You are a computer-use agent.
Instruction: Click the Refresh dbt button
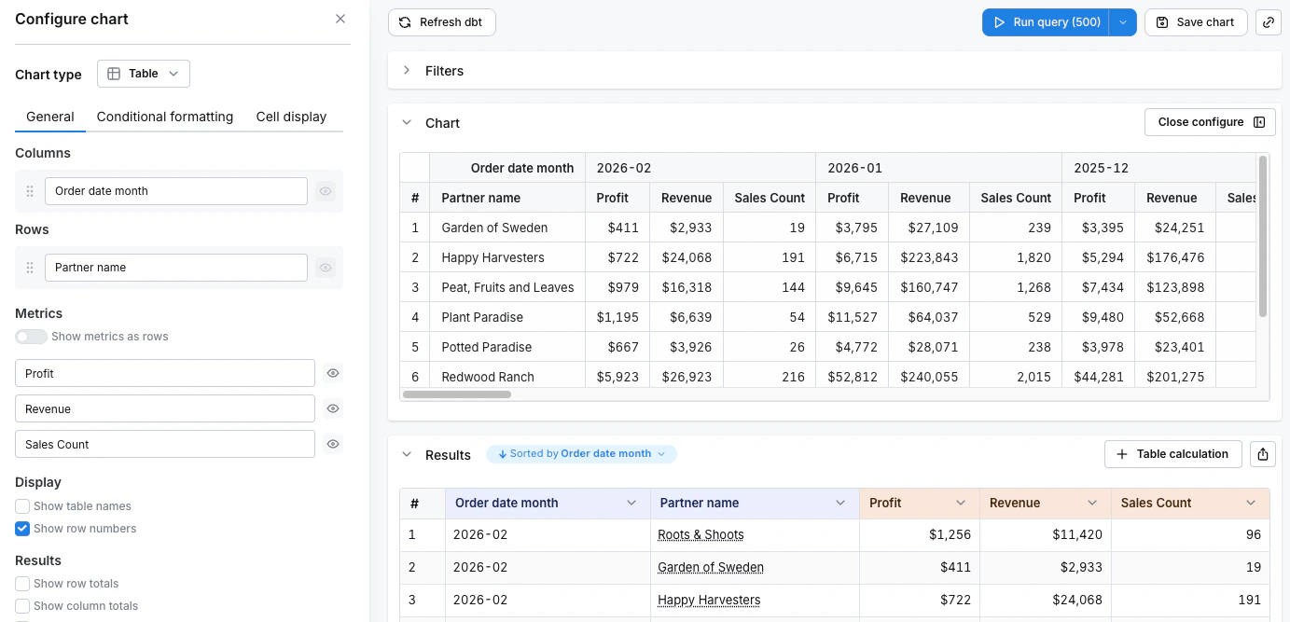[x=441, y=22]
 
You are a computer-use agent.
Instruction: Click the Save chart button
[x=1195, y=22]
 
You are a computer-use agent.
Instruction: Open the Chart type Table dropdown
[x=144, y=74]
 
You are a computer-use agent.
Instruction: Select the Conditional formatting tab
[x=165, y=117]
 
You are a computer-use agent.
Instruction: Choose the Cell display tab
[x=291, y=117]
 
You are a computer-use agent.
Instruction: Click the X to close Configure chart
[x=340, y=19]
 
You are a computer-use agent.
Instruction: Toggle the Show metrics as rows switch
[x=31, y=337]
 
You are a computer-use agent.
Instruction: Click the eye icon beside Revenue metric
[x=333, y=408]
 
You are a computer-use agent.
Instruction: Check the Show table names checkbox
[x=22, y=506]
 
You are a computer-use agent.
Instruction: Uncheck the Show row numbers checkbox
[x=22, y=529]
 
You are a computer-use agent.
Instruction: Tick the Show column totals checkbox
[x=22, y=606]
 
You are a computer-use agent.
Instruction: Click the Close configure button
[x=1210, y=122]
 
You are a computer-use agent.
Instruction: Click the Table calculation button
[x=1172, y=454]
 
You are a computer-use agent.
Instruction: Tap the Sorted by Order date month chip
[x=581, y=454]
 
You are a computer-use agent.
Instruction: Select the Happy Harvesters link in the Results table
[x=709, y=600]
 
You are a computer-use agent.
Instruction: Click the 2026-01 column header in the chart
[x=855, y=168]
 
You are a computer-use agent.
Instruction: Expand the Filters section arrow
[x=407, y=71]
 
